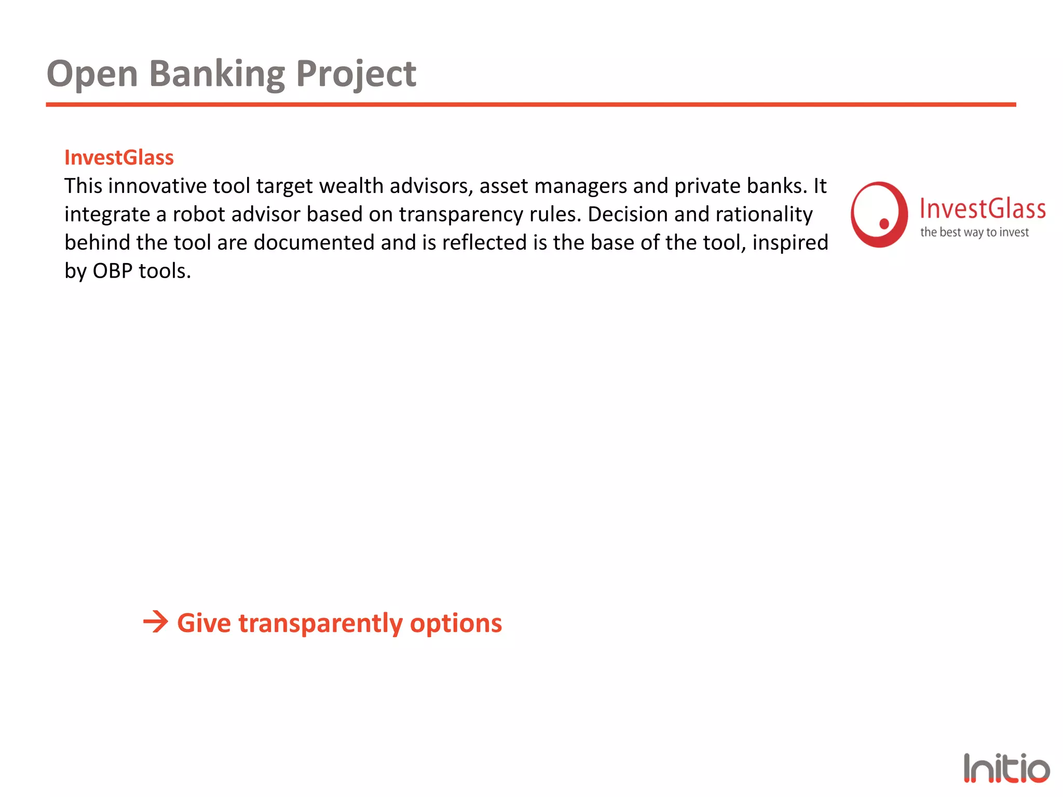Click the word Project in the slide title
[x=356, y=74]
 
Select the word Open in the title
[x=92, y=74]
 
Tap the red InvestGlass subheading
[x=119, y=158]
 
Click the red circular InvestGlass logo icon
[x=879, y=214]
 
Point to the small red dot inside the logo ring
[x=884, y=224]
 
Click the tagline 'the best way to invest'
[x=974, y=232]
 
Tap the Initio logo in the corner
[x=1006, y=768]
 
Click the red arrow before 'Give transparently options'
[x=156, y=622]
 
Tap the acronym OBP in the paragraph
[x=112, y=271]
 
